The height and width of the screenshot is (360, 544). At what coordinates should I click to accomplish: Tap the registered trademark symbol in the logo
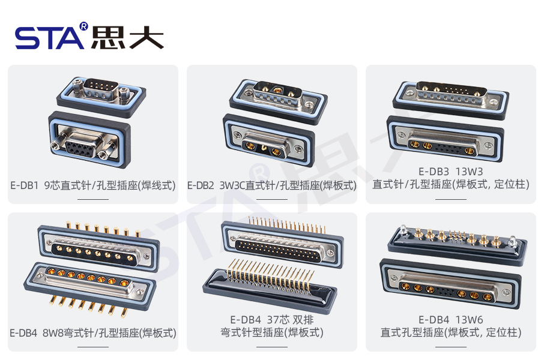pyautogui.click(x=83, y=26)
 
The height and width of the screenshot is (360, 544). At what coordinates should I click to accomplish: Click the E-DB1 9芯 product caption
pyautogui.click(x=93, y=186)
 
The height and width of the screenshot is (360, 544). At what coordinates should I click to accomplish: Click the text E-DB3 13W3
pyautogui.click(x=450, y=172)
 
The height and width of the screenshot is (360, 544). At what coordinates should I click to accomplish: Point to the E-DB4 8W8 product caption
pyautogui.click(x=93, y=332)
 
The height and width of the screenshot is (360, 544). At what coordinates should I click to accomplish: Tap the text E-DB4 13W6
pyautogui.click(x=450, y=319)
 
